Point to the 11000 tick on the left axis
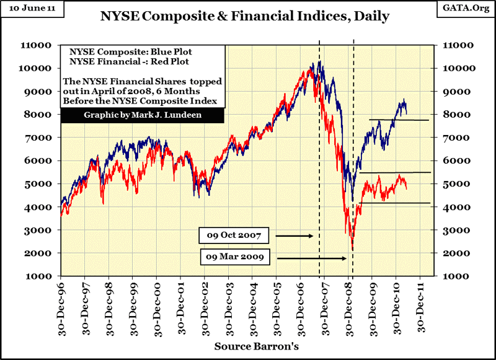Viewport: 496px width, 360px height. click(42, 45)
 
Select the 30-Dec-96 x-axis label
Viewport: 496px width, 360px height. click(61, 306)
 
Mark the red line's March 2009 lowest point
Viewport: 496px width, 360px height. click(352, 250)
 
